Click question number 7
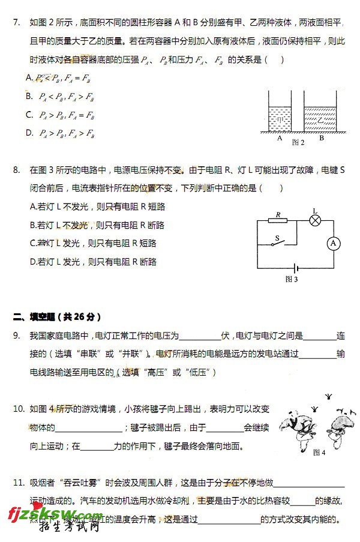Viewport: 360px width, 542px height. click(16, 23)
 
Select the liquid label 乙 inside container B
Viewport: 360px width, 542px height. click(320, 120)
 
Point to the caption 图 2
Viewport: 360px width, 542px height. click(298, 143)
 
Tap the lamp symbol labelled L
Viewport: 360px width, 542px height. click(315, 220)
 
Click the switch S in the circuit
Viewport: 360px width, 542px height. click(277, 242)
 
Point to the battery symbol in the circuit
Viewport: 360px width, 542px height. click(295, 268)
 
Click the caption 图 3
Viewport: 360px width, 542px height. click(292, 279)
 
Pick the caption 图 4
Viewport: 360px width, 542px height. click(319, 453)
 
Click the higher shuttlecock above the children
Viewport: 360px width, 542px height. click(328, 396)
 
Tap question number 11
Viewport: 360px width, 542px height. click(18, 483)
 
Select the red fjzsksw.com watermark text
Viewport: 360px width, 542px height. click(54, 514)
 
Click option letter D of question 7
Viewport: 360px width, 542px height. click(29, 133)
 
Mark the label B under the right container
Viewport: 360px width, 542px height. click(322, 137)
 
